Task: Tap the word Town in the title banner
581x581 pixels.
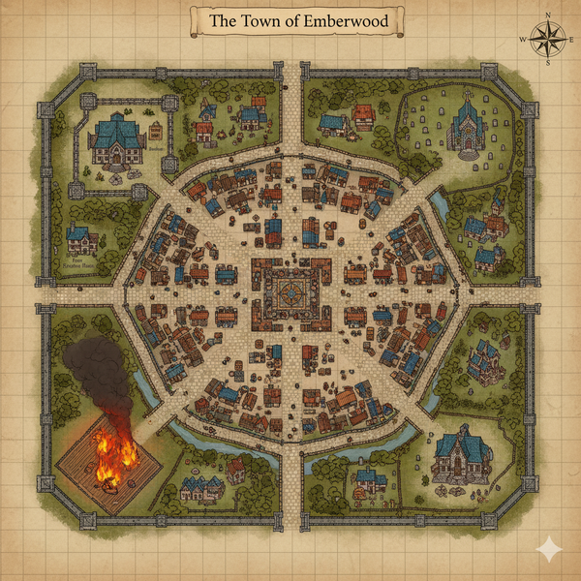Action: [x=254, y=20]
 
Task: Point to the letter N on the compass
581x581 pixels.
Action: [x=547, y=15]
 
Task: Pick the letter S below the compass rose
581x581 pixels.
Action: [x=547, y=63]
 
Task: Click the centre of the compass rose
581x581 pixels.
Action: [x=547, y=39]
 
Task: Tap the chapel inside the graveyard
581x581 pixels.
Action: [x=467, y=128]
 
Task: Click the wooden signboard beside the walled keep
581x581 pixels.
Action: [x=156, y=131]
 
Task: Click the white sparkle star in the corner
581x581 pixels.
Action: [x=549, y=549]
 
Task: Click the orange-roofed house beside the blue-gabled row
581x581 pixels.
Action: [x=235, y=471]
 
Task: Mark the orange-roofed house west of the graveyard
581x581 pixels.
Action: [x=363, y=117]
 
